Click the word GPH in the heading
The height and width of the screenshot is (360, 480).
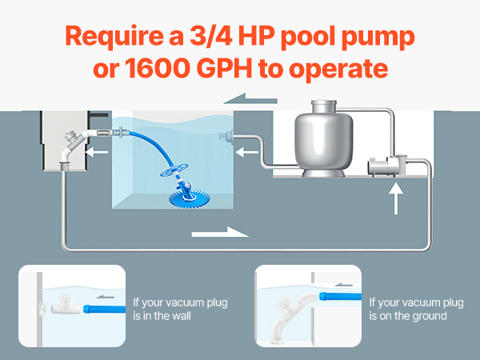coord(227,68)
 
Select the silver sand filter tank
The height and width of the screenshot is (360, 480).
coord(323,138)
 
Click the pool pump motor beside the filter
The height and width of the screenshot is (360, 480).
coord(387,166)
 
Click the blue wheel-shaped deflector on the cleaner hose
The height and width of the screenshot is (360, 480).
coord(174,170)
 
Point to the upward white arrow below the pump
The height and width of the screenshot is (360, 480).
coord(396,198)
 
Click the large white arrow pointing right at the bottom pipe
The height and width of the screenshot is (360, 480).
coord(220,232)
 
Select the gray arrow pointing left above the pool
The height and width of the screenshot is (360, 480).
coord(250,98)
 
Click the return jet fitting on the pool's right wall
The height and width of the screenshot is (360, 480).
coord(226,137)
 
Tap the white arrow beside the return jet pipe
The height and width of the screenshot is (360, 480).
coord(246,152)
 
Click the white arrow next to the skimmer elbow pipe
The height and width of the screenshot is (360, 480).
coord(97,152)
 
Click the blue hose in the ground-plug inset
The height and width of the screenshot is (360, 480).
coord(340,296)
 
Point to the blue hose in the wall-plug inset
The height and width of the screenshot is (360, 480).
coord(104,309)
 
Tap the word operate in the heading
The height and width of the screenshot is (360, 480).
coord(338,69)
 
